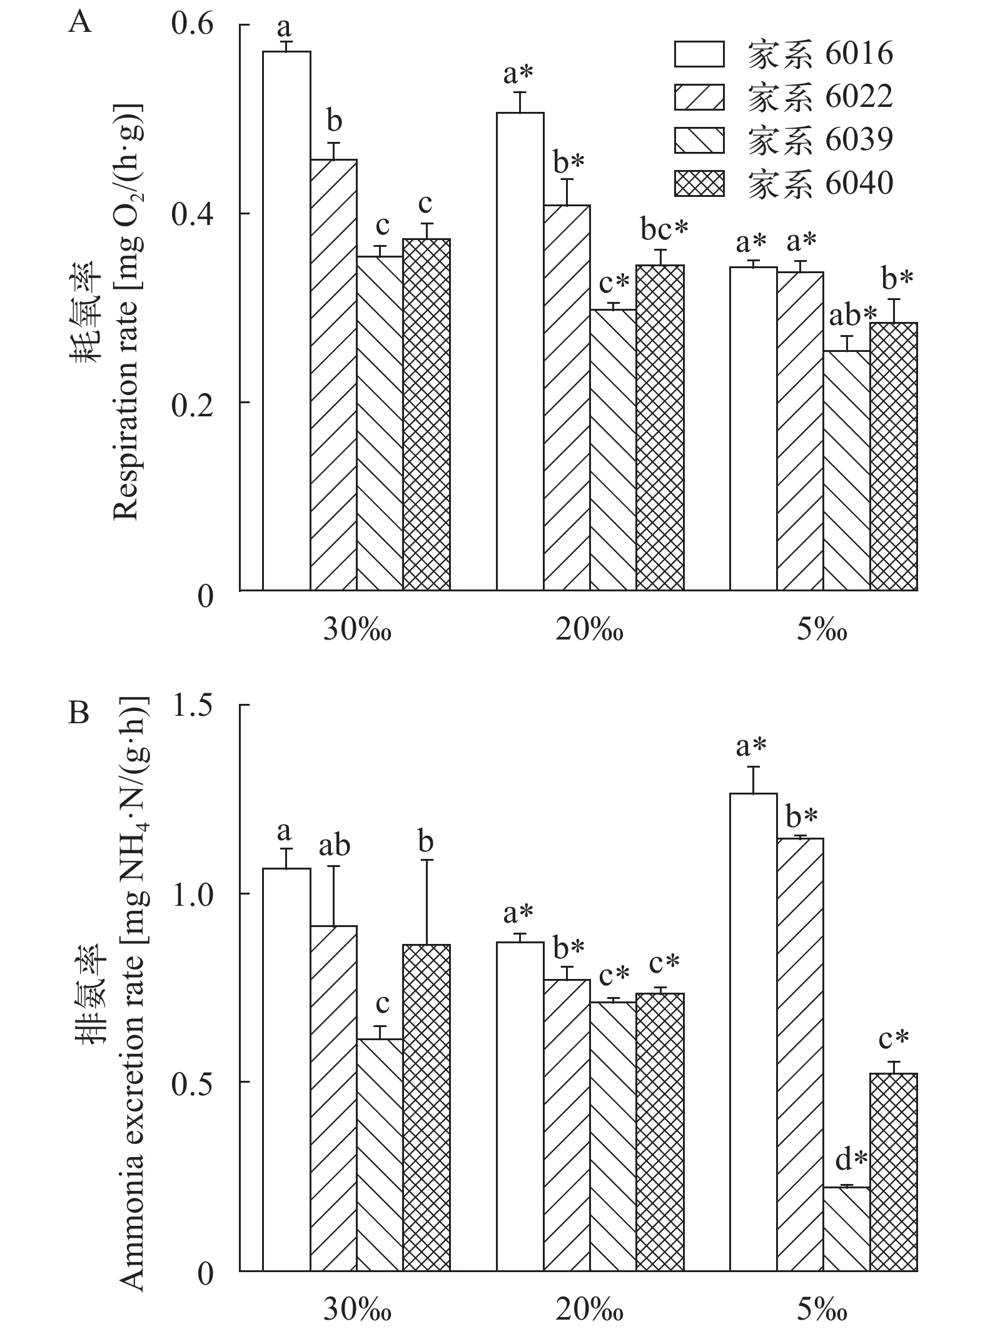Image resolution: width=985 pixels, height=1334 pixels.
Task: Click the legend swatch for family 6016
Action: (699, 54)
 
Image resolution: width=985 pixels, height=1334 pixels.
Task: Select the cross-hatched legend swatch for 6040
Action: (699, 184)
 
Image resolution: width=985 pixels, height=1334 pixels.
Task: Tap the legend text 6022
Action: (859, 97)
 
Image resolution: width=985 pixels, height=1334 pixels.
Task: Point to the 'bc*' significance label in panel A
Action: (664, 230)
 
